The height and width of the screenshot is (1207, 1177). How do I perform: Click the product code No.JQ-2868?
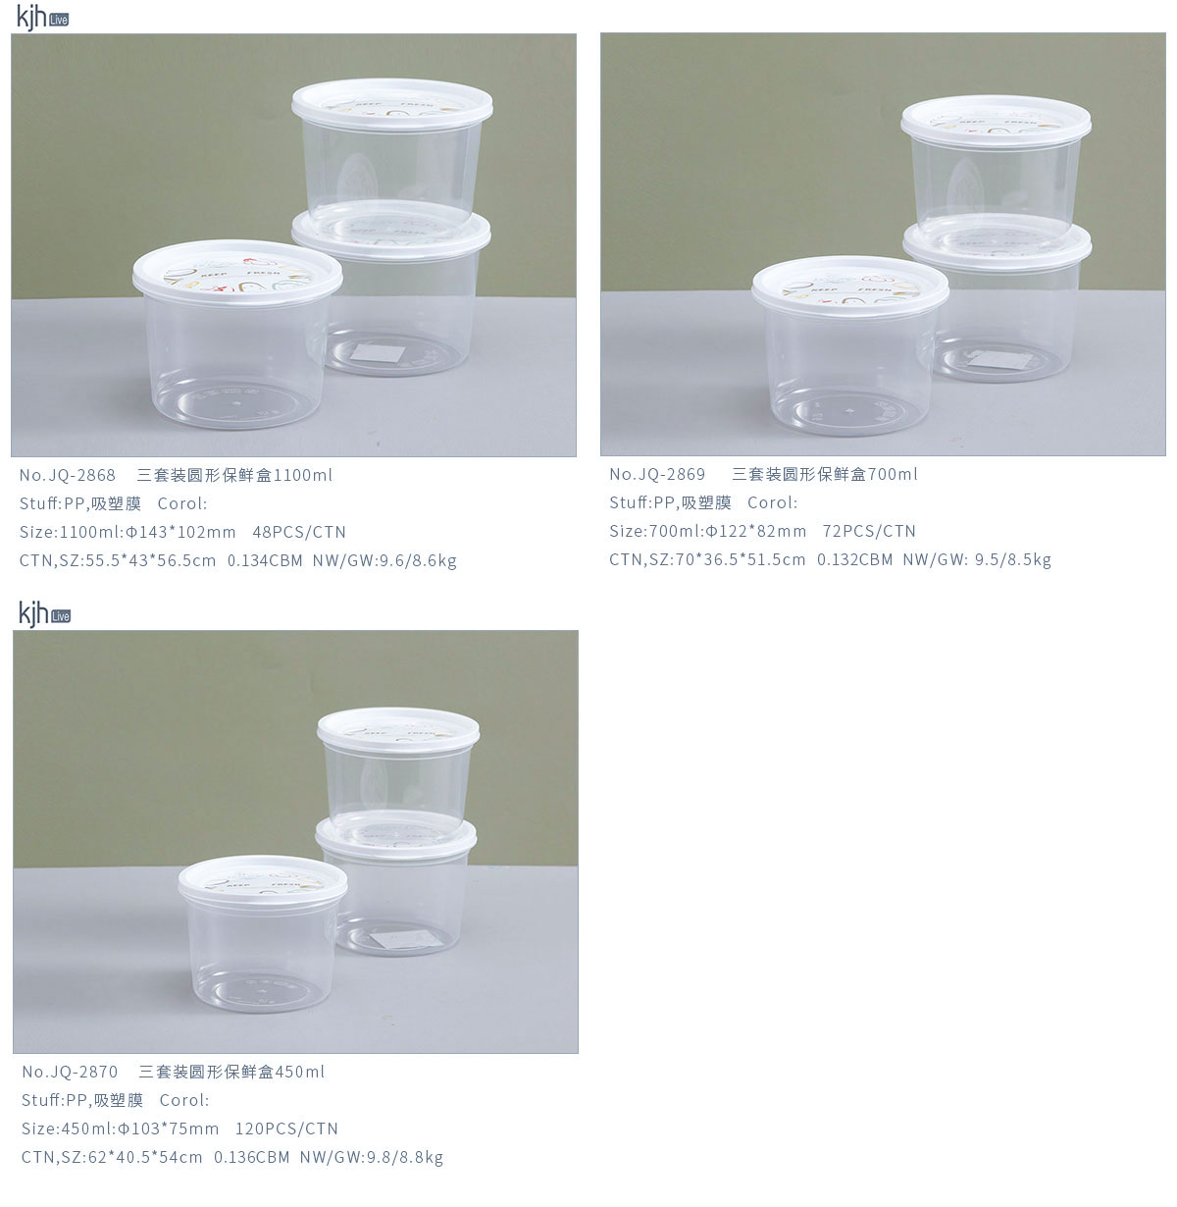(x=68, y=475)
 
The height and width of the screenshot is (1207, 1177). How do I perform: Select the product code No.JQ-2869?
(x=657, y=475)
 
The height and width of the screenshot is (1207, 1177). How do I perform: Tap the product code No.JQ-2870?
(x=70, y=1072)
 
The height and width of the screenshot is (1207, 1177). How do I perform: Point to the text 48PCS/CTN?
(x=299, y=532)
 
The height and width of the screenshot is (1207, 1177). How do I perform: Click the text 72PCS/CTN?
(x=869, y=531)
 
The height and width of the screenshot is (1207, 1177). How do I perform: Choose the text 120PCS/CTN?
(x=286, y=1128)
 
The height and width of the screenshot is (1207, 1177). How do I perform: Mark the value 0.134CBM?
(x=265, y=560)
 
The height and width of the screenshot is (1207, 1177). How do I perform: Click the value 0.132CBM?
(x=854, y=559)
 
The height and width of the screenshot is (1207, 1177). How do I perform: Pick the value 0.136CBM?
(x=252, y=1157)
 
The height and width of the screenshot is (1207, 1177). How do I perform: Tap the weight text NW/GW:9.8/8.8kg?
(x=372, y=1158)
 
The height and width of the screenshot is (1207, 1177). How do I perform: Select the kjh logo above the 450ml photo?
(x=44, y=613)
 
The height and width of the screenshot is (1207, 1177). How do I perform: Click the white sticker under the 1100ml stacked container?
(x=378, y=353)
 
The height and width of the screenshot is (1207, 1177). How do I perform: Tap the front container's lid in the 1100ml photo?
(x=237, y=273)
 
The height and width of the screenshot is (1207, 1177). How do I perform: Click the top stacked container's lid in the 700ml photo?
(x=996, y=121)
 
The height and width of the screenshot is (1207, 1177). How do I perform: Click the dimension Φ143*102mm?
(x=180, y=532)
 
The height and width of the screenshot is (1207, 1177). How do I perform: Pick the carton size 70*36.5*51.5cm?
(x=741, y=559)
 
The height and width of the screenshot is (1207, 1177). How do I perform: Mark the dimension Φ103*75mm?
(x=168, y=1128)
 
